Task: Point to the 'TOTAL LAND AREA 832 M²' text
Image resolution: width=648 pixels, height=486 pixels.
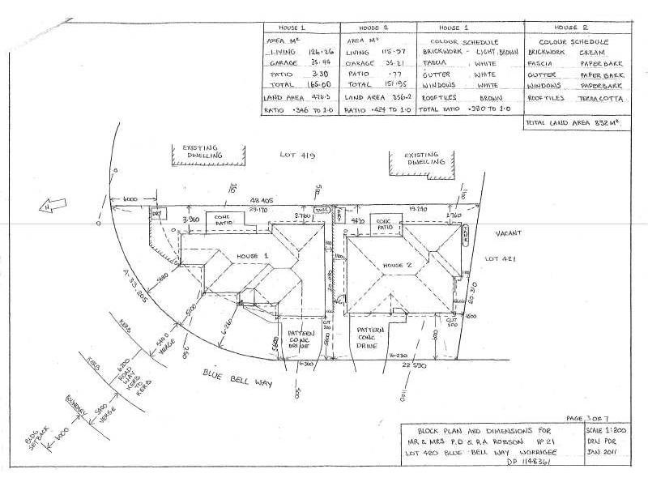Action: point(571,123)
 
